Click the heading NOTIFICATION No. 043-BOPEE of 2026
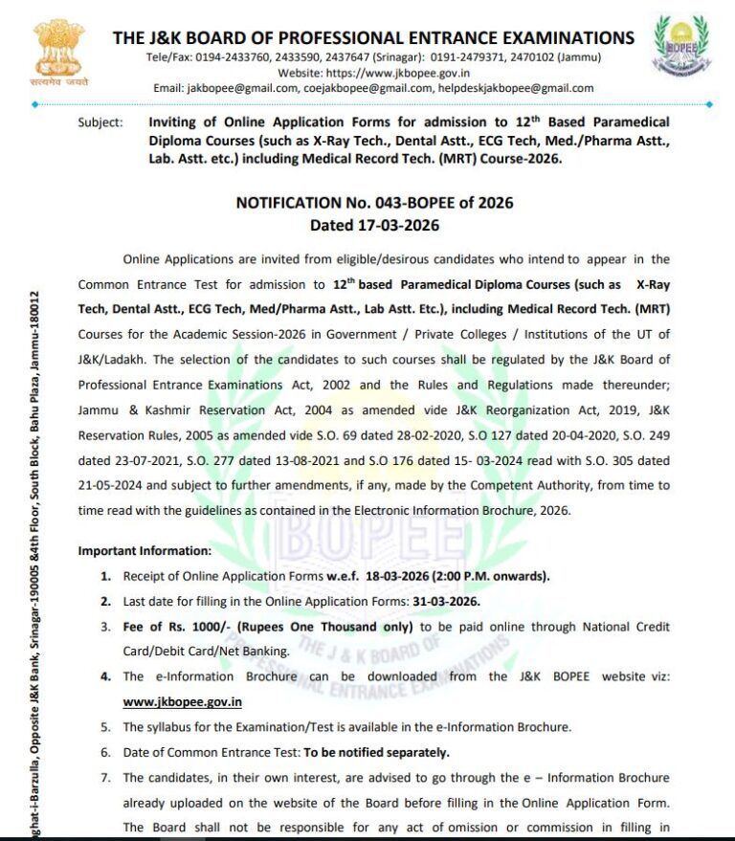374,203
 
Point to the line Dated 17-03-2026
374,226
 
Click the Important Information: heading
145,551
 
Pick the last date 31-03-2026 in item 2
445,601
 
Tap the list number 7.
105,777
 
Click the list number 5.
105,727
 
